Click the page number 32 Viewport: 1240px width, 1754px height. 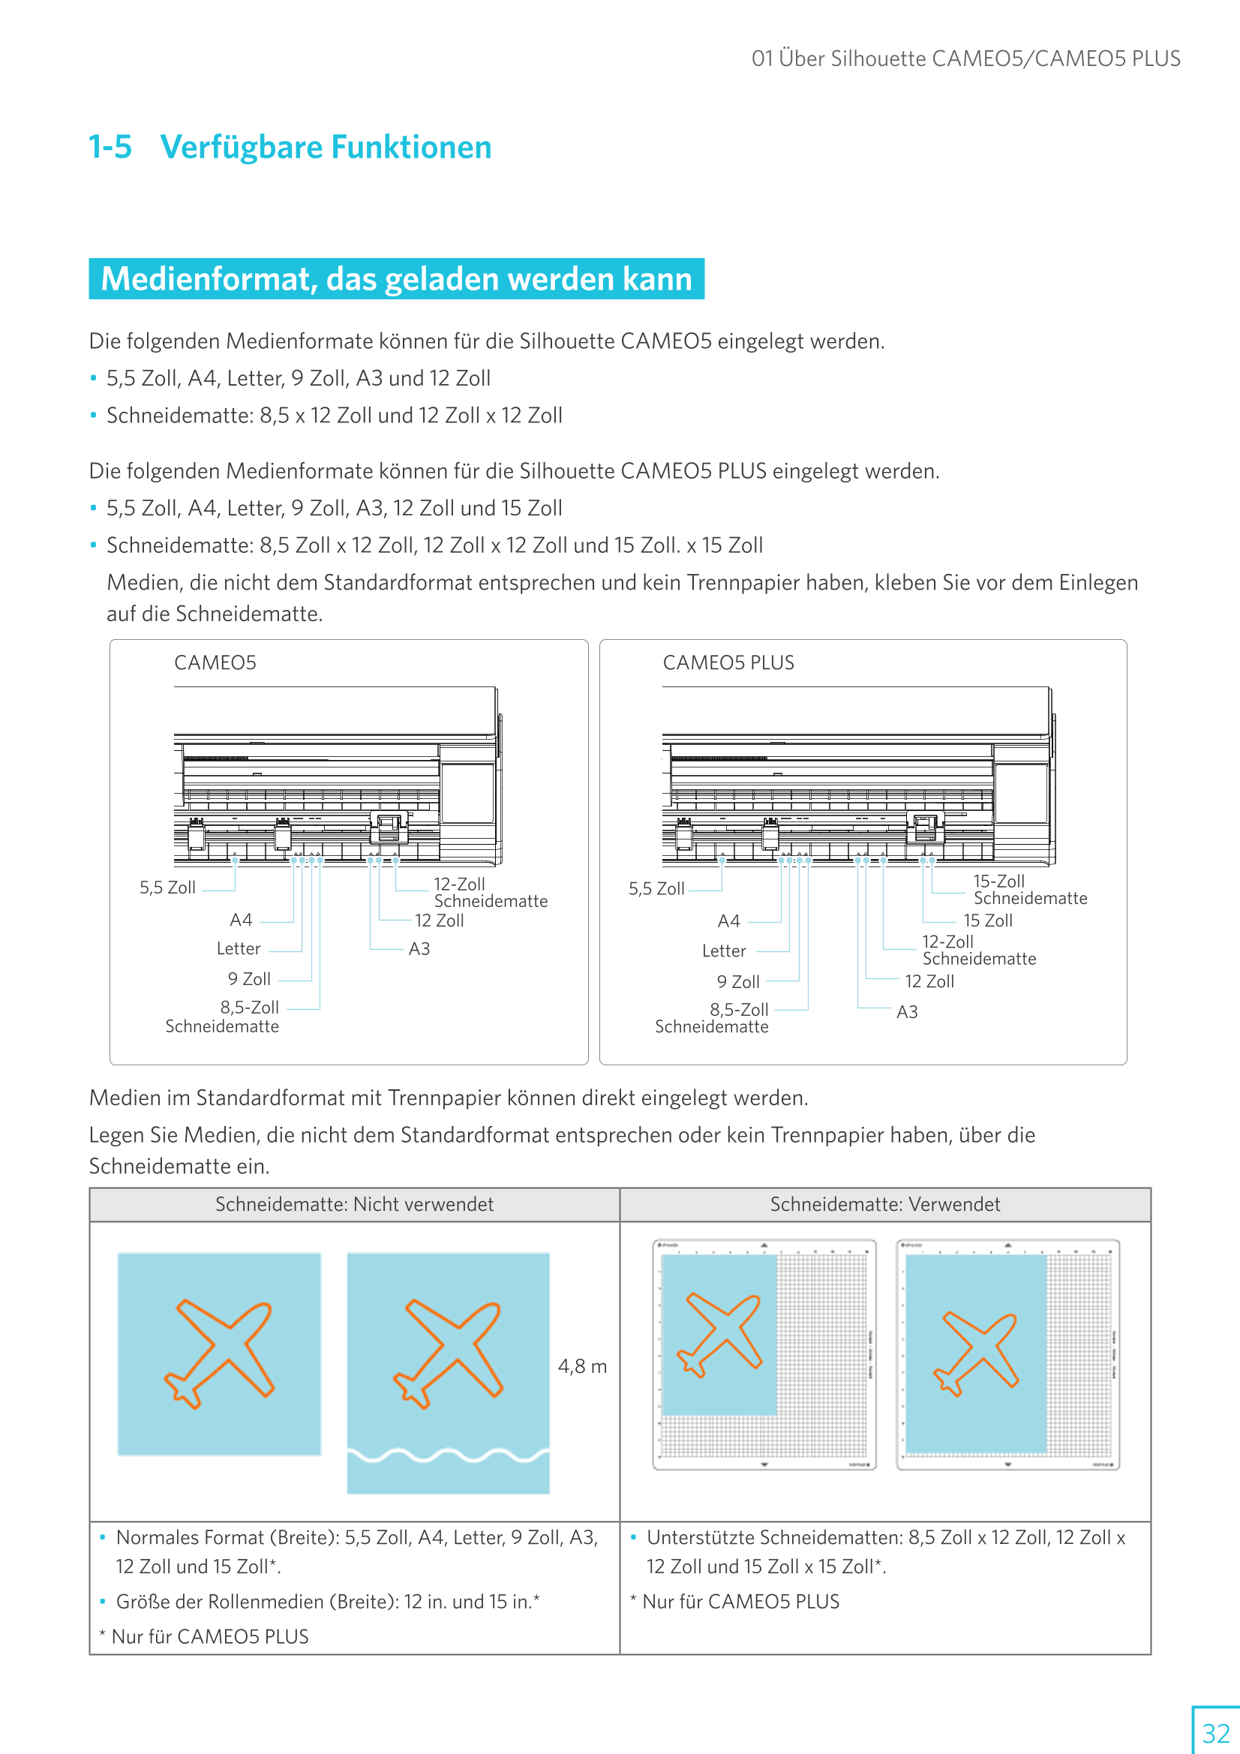(x=1215, y=1732)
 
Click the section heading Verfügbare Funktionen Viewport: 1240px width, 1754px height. (x=326, y=148)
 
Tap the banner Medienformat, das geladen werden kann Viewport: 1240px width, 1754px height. (x=396, y=279)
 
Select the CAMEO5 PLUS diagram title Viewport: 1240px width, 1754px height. (x=728, y=662)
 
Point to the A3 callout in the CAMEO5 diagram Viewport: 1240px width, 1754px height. (x=419, y=949)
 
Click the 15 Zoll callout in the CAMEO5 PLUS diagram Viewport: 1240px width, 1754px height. (x=987, y=921)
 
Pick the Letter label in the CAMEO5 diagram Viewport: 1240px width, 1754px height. (x=239, y=949)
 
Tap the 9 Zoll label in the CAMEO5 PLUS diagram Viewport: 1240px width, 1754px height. (x=737, y=982)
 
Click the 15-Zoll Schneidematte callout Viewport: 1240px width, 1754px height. (x=1029, y=890)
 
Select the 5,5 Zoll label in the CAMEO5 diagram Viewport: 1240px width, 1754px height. (x=167, y=888)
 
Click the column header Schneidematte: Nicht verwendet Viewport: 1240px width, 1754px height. (x=355, y=1204)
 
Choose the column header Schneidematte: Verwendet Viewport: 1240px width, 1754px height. (x=884, y=1204)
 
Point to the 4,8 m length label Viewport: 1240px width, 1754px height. (x=582, y=1366)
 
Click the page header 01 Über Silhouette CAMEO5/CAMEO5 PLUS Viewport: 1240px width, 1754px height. (x=965, y=59)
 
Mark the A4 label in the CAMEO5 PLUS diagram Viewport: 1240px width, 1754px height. (x=728, y=921)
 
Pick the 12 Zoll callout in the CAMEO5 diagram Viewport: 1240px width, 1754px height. (x=439, y=921)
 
